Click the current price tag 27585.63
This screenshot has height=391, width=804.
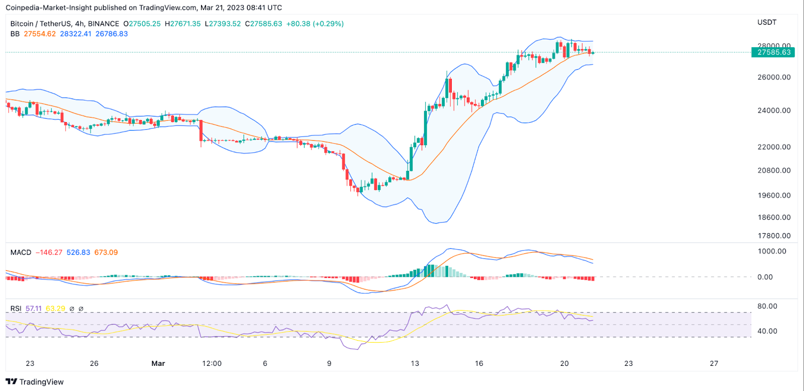point(773,52)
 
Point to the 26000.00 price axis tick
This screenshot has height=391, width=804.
point(774,77)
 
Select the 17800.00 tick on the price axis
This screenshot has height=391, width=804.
point(774,236)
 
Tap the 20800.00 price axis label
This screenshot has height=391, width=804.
point(774,170)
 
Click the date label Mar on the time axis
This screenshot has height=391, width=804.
point(158,363)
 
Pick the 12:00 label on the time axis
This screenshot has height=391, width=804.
point(212,363)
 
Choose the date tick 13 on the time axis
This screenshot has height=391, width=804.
point(415,363)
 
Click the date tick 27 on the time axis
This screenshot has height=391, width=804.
point(714,363)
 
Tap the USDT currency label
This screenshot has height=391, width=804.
point(767,23)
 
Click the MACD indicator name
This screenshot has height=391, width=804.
point(21,252)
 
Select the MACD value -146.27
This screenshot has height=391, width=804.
point(49,252)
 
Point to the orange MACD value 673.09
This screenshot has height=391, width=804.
point(106,252)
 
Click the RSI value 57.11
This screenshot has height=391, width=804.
point(34,309)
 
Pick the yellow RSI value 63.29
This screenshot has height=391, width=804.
point(55,309)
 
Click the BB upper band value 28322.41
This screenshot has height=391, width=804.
point(76,34)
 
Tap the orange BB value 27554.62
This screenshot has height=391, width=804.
point(40,34)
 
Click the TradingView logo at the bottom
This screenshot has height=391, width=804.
point(35,382)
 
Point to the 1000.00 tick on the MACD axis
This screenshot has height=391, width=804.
point(772,251)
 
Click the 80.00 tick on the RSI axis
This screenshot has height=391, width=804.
point(767,306)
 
